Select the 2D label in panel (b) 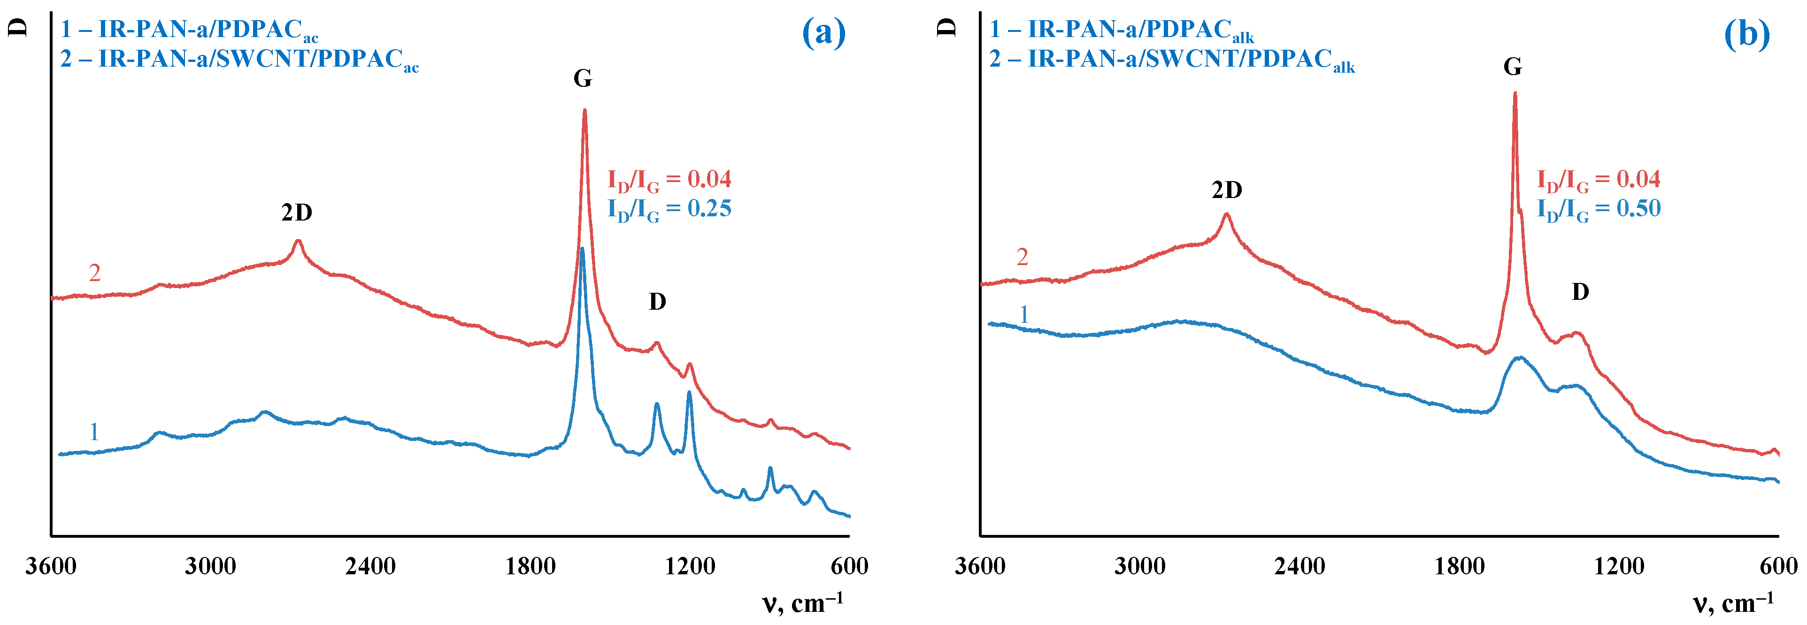tap(1227, 190)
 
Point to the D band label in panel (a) tap(657, 302)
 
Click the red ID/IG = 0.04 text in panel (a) tap(669, 180)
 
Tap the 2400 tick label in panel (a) tap(370, 566)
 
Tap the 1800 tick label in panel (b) tap(1460, 566)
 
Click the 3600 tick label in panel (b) tap(980, 566)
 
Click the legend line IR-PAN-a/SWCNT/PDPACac tap(238, 60)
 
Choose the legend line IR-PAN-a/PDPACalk tap(1121, 30)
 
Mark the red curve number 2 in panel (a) tap(95, 273)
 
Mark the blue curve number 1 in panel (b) tap(1024, 314)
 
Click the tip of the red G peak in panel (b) tap(1515, 93)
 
